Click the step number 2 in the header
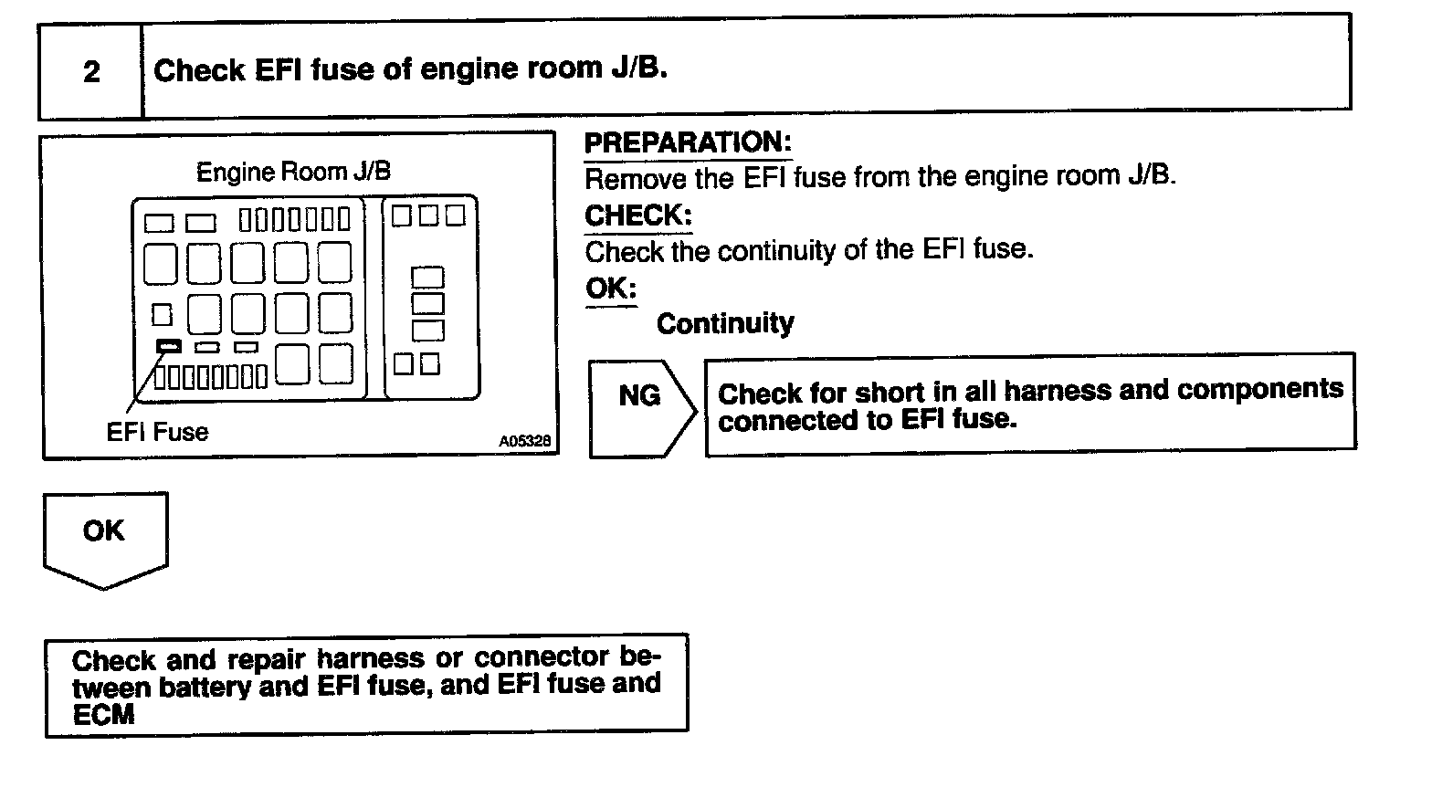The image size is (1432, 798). point(91,71)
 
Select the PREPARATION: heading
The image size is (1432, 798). point(687,142)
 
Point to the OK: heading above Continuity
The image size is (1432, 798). point(610,289)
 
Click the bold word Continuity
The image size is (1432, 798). point(725,323)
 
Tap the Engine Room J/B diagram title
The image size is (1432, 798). point(293,172)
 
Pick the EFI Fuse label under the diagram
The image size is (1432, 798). point(157,432)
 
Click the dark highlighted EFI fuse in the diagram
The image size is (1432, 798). point(169,346)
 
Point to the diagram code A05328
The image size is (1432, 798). point(524,441)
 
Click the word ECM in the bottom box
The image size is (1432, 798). point(103,714)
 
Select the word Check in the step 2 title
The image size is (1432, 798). point(199,71)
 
